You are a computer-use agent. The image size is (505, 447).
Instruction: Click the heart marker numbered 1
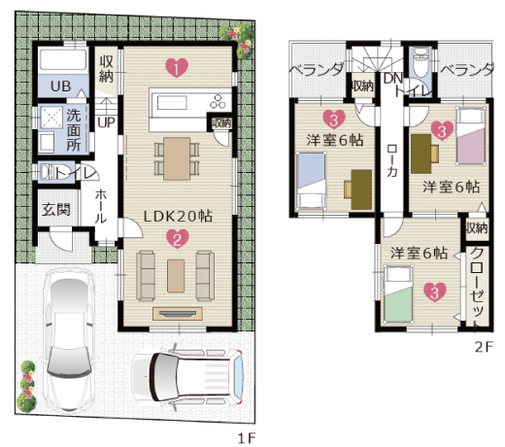(177, 68)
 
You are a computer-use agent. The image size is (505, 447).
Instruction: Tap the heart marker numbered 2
(177, 239)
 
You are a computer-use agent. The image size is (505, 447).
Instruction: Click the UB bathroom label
(61, 86)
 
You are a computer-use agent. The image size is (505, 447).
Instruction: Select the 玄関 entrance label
(56, 210)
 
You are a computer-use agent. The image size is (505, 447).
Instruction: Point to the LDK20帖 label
(178, 217)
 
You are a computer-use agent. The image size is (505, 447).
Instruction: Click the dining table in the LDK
(177, 158)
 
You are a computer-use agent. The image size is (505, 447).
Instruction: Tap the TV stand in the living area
(178, 314)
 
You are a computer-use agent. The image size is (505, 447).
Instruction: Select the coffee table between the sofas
(176, 276)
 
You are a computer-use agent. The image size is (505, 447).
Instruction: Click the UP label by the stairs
(107, 122)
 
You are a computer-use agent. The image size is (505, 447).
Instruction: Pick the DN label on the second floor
(393, 79)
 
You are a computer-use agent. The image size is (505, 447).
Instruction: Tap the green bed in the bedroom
(398, 294)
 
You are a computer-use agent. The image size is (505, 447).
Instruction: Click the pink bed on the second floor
(471, 136)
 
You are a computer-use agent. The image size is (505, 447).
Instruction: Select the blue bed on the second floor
(312, 182)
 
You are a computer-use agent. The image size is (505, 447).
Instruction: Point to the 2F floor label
(484, 347)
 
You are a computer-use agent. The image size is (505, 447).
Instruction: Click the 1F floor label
(247, 438)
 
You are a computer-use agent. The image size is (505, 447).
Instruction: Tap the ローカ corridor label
(392, 160)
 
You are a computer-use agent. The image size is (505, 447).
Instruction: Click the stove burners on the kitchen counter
(218, 101)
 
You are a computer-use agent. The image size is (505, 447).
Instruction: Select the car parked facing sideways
(187, 377)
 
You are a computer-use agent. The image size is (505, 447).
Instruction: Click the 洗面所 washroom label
(74, 130)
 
